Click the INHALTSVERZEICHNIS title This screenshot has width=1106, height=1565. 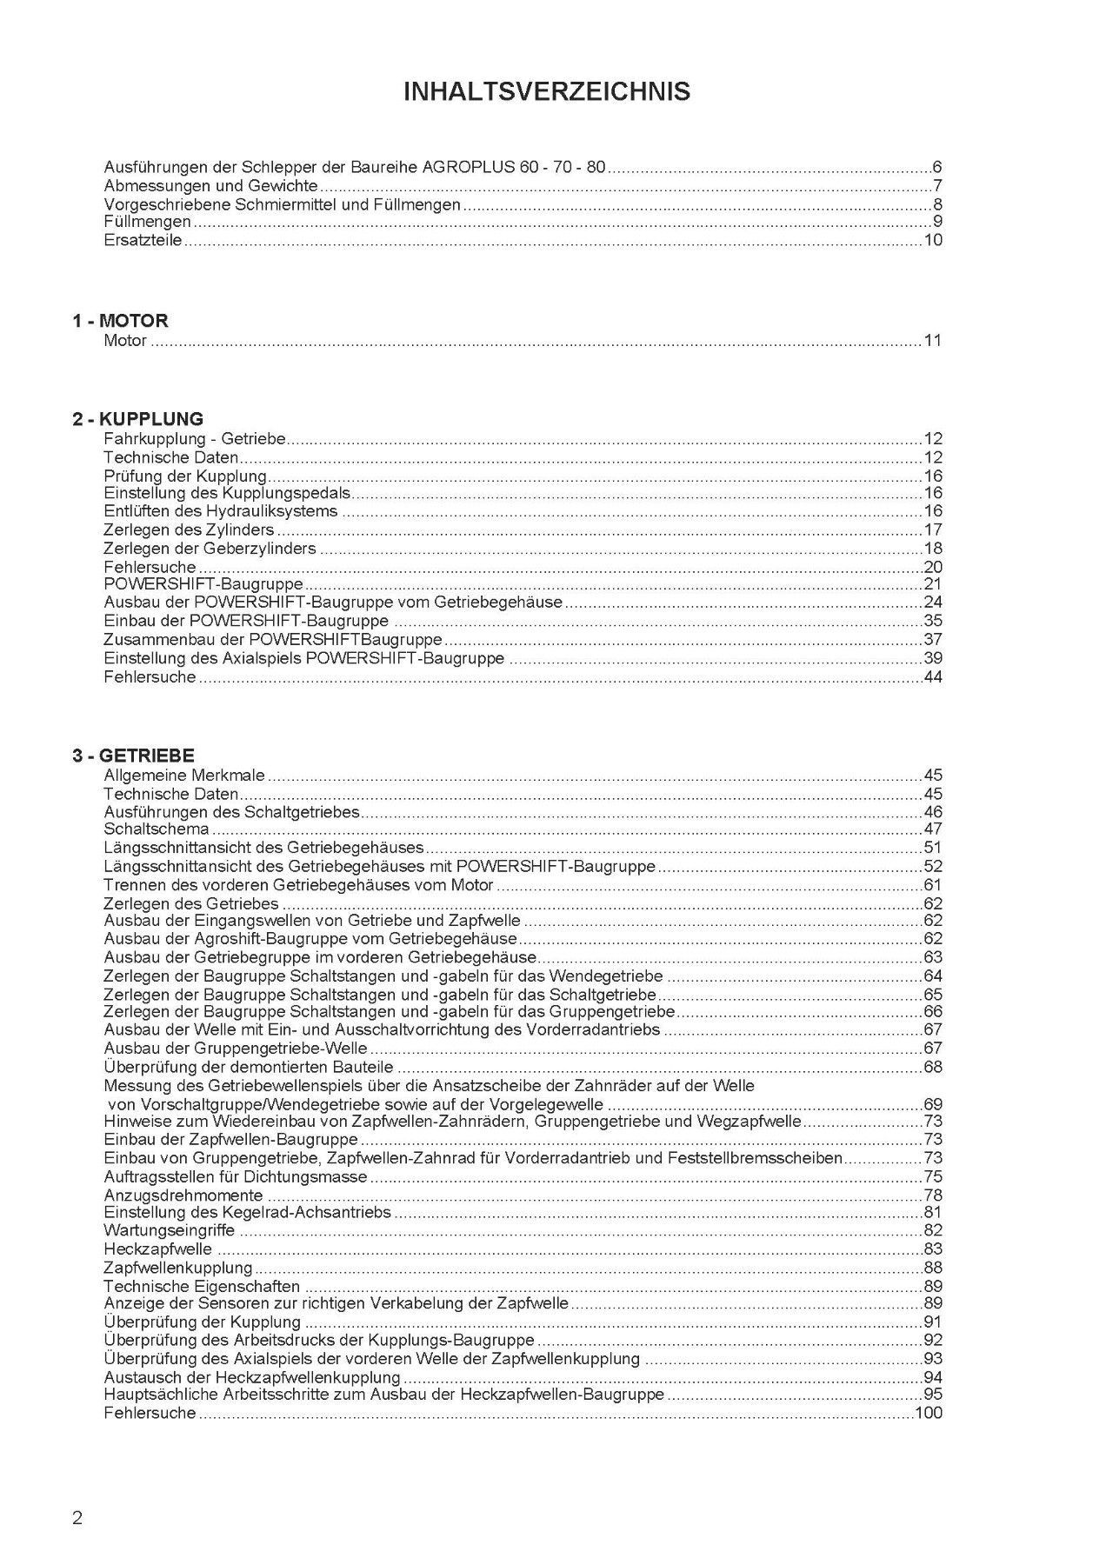coord(547,92)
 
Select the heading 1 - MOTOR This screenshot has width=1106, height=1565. coord(120,321)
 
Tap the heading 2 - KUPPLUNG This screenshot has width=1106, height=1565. coord(137,419)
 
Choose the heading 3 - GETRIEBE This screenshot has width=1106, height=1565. coord(133,756)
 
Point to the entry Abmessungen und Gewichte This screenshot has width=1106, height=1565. coord(210,186)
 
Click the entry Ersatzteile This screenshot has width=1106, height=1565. coord(143,241)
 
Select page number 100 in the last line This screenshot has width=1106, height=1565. coord(928,1414)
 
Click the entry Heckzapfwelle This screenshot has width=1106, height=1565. coord(157,1249)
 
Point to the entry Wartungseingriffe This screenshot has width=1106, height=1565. coord(169,1231)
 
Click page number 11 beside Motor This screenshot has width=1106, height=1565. coord(932,341)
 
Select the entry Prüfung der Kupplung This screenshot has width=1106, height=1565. coord(184,476)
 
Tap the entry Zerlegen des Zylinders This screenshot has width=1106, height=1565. coord(189,530)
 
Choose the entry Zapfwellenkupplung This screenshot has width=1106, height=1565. coord(177,1268)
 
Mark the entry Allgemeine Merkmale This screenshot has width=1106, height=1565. coord(184,775)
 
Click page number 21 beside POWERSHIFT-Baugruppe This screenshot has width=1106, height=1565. coord(932,584)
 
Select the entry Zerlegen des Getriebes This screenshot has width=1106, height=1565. coord(190,903)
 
